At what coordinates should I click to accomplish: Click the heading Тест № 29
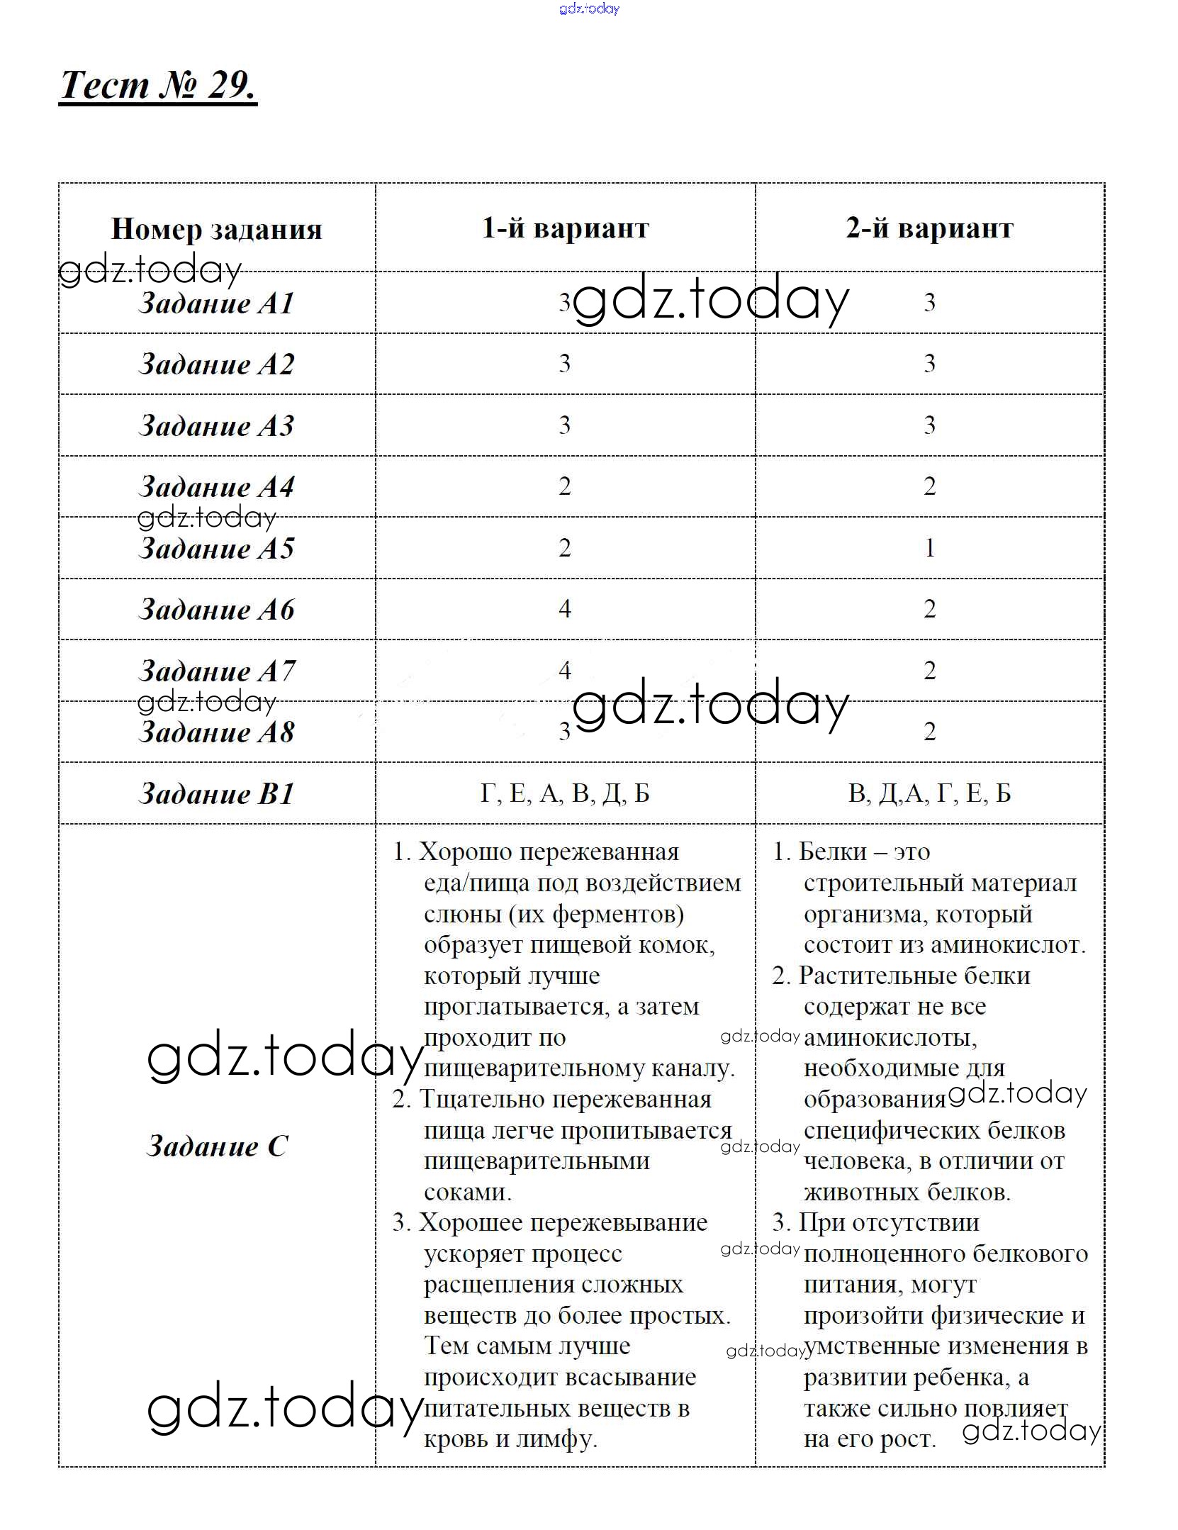coord(157,86)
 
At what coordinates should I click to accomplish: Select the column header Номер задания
coord(216,229)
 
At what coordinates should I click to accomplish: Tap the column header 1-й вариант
coord(565,228)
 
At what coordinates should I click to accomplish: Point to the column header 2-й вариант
coord(929,228)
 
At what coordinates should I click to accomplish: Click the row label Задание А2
coord(216,364)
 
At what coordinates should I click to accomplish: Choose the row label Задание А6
coord(216,610)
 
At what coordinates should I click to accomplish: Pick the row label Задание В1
coord(216,794)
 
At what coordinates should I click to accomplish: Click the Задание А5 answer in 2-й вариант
coord(929,548)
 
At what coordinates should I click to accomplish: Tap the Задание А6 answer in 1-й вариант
coord(565,609)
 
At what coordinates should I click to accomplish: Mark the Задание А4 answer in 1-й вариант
coord(565,486)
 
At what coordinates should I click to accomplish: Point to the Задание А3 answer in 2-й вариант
coord(929,425)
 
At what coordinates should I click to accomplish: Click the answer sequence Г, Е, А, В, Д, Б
coord(565,793)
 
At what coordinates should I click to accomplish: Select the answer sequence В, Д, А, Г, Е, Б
coord(929,793)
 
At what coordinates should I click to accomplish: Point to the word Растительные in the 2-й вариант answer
coord(869,976)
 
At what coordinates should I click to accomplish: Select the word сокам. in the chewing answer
coord(468,1192)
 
